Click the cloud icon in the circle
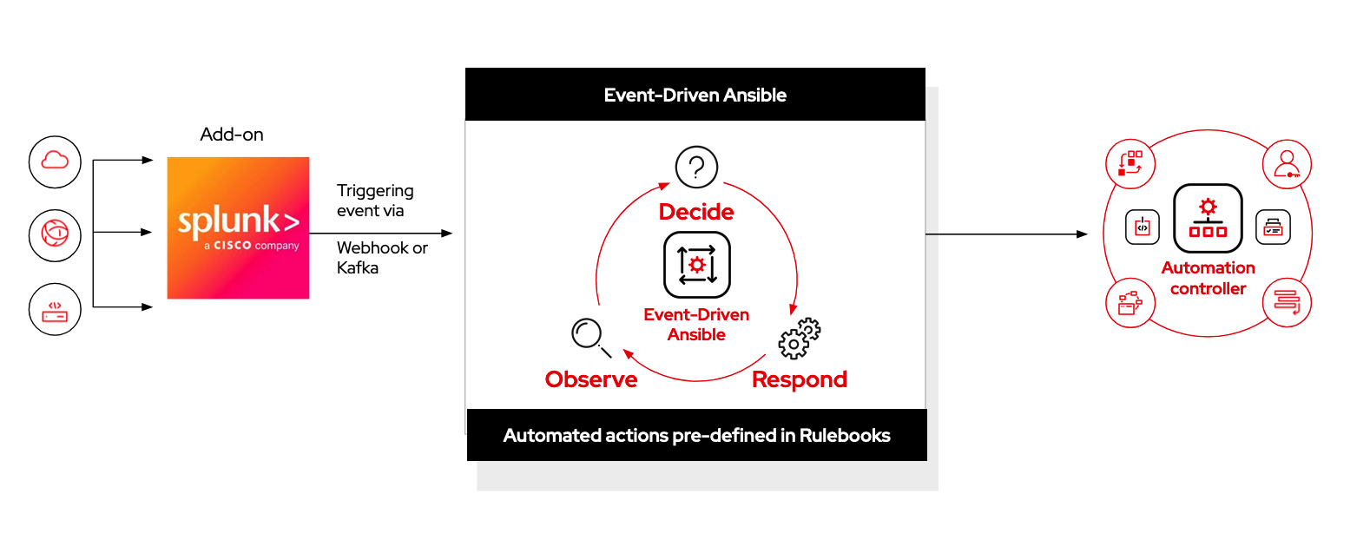click(x=55, y=161)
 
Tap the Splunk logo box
click(x=238, y=227)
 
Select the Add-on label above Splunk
click(x=231, y=135)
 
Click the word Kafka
click(x=358, y=268)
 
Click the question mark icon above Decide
click(x=696, y=166)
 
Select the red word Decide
click(x=696, y=212)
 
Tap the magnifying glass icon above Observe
click(x=589, y=336)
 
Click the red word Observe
click(x=591, y=379)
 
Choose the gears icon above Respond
click(x=800, y=338)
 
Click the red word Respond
click(x=799, y=379)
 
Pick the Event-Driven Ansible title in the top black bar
click(x=695, y=95)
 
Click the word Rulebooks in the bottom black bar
click(x=845, y=436)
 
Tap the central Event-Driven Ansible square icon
click(x=697, y=265)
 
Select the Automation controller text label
click(x=1208, y=279)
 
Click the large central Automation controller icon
click(x=1208, y=218)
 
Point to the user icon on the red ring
click(x=1287, y=164)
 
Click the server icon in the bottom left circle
click(x=55, y=310)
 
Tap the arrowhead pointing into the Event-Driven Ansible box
click(x=447, y=234)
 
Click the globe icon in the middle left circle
click(x=55, y=234)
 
